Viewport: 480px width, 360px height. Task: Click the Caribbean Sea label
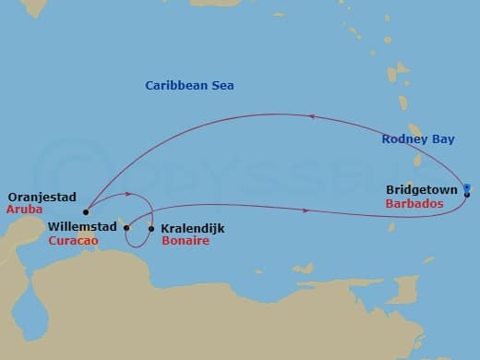189,86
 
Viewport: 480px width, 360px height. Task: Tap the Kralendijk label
192,227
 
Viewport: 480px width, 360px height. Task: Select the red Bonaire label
185,241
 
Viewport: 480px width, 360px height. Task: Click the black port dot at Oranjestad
85,210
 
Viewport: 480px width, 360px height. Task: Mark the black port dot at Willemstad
126,226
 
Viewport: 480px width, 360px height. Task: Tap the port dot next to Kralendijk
151,227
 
